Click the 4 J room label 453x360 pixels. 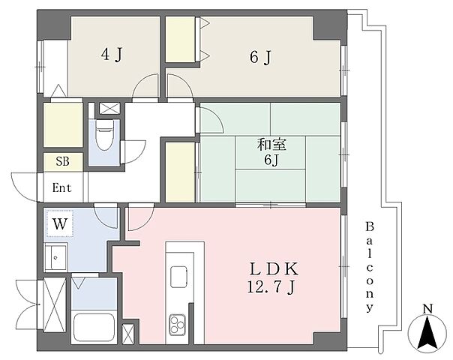[112, 54]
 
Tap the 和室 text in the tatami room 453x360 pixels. [271, 145]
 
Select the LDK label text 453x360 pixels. [274, 269]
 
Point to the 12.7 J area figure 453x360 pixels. [271, 287]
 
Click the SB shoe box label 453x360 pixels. [63, 161]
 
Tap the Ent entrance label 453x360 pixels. [61, 188]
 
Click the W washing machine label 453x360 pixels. [60, 223]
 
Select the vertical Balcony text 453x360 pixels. [370, 267]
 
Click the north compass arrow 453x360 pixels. [427, 331]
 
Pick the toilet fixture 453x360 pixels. [103, 135]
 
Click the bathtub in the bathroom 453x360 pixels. [94, 327]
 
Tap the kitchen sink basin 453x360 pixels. [178, 277]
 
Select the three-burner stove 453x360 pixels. [177, 324]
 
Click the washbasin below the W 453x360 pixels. [55, 257]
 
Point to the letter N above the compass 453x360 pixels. [427, 309]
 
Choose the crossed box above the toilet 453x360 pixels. [109, 109]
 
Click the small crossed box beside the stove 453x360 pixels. [128, 334]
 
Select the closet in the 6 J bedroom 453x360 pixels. [180, 39]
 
